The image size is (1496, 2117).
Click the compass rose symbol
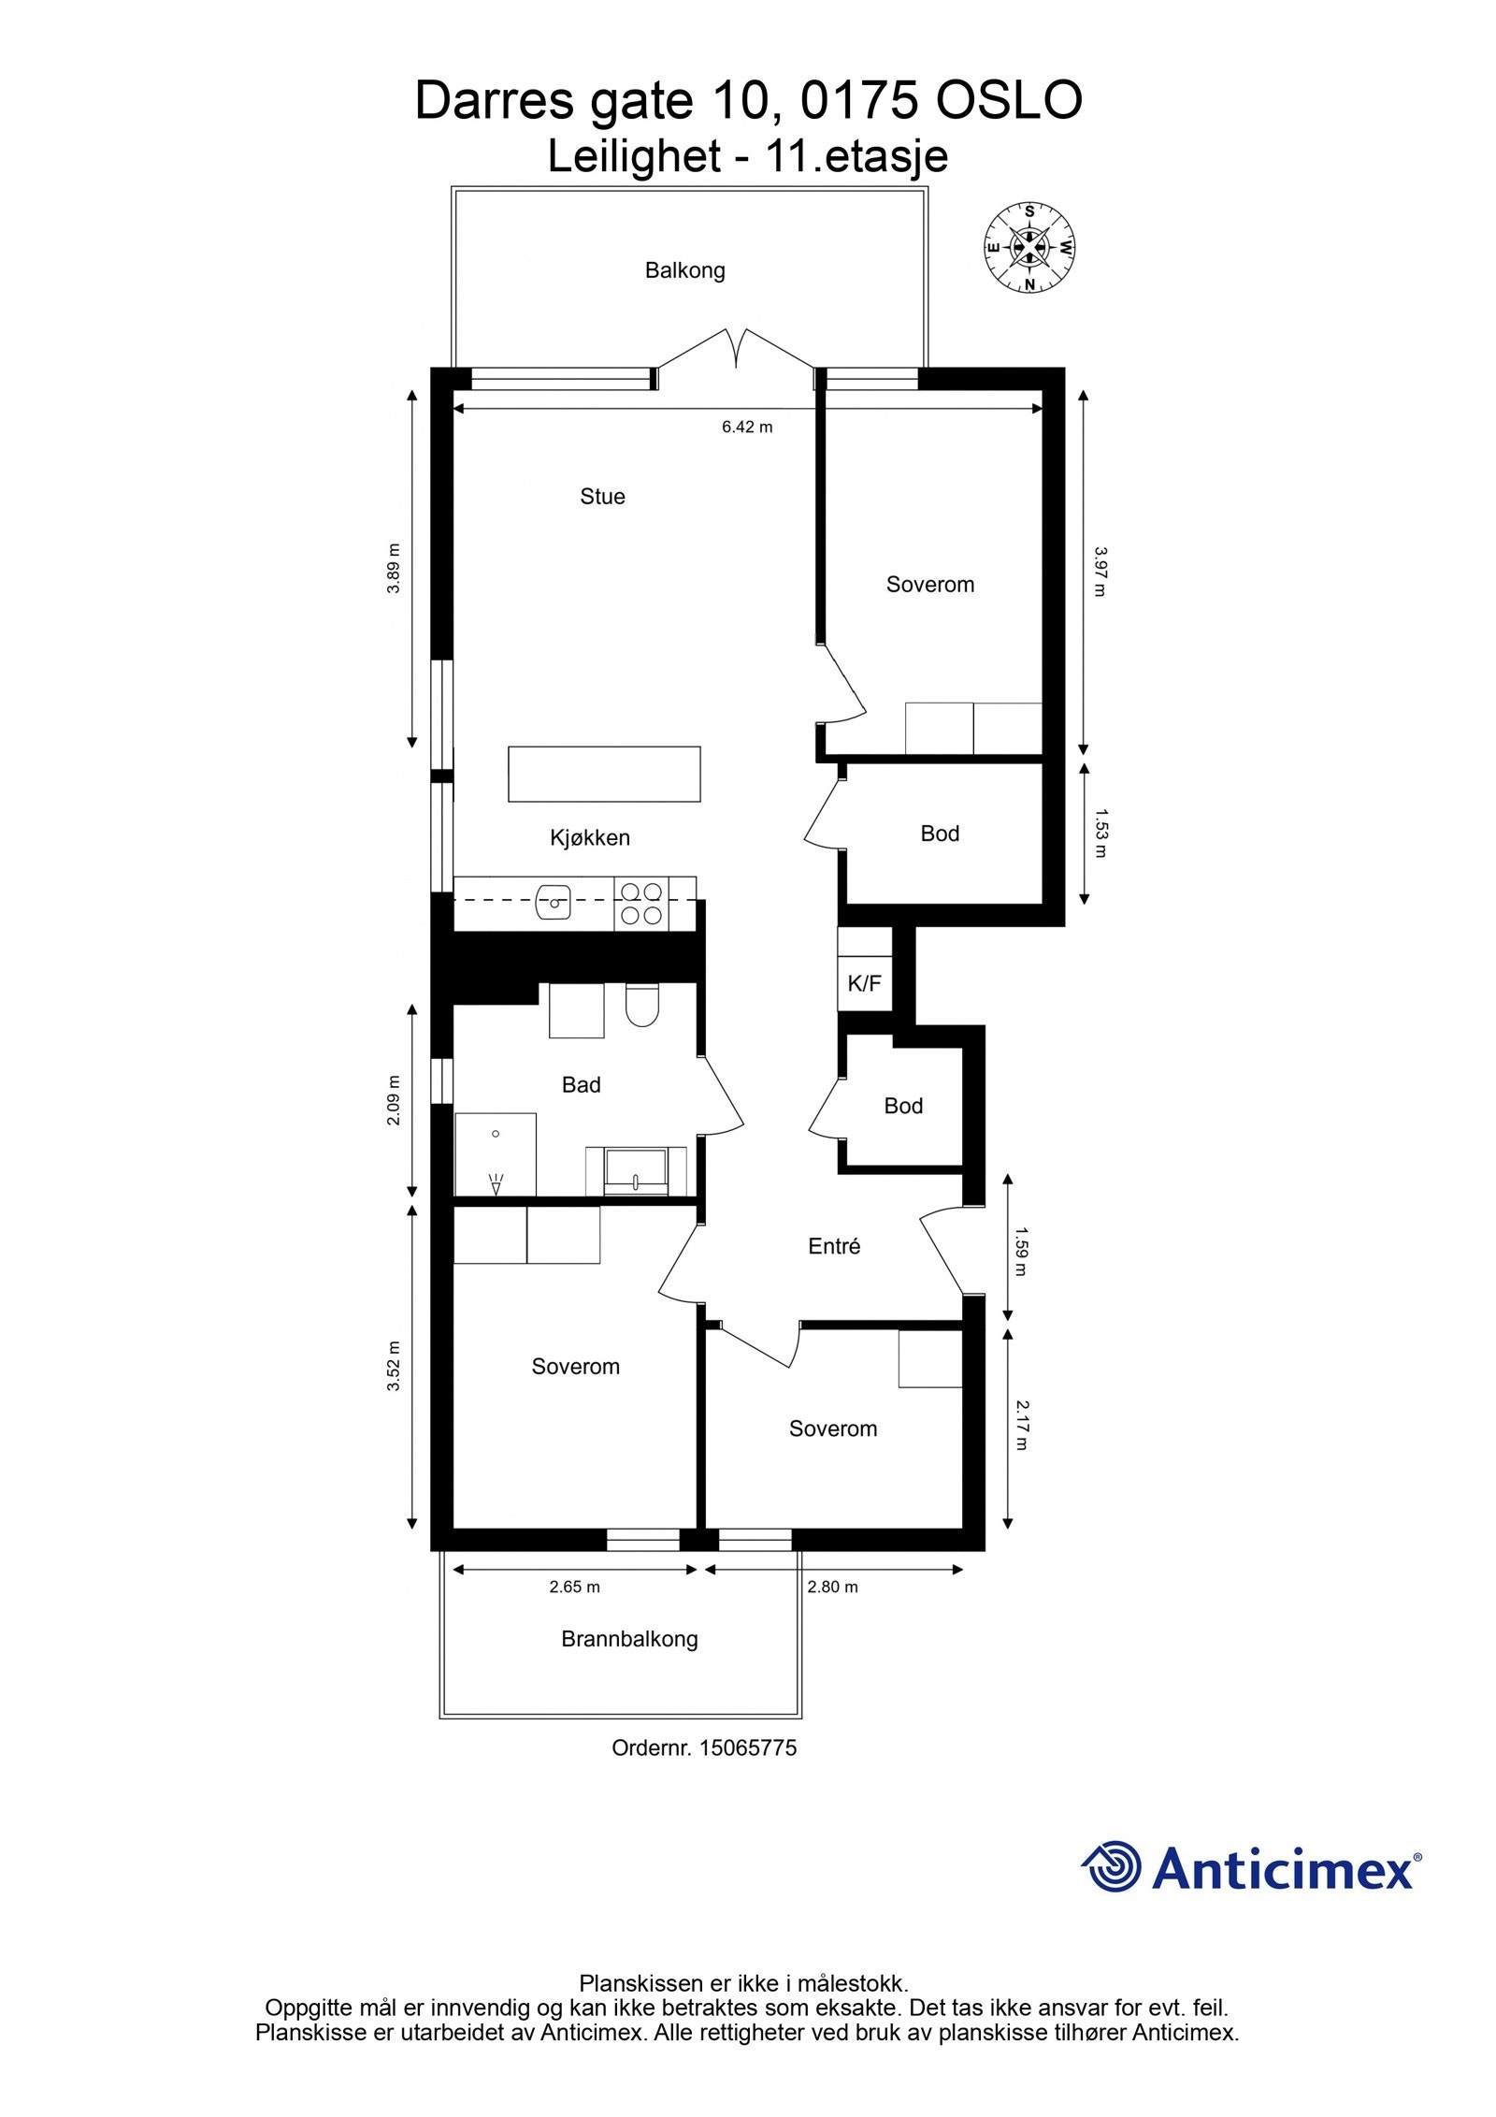pyautogui.click(x=1028, y=248)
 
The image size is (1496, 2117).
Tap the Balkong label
pyautogui.click(x=684, y=271)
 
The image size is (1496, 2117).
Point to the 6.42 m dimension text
pyautogui.click(x=747, y=428)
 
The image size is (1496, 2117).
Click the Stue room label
pyautogui.click(x=602, y=497)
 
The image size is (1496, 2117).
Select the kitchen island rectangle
pyautogui.click(x=604, y=774)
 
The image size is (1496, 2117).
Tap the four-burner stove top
pyautogui.click(x=641, y=904)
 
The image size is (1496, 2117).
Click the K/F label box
pyautogui.click(x=864, y=983)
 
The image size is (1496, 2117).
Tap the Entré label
pyautogui.click(x=833, y=1246)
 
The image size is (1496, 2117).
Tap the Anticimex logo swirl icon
pyautogui.click(x=1111, y=1866)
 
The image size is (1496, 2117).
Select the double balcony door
pyautogui.click(x=735, y=355)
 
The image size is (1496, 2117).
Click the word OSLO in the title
pyautogui.click(x=1009, y=101)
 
